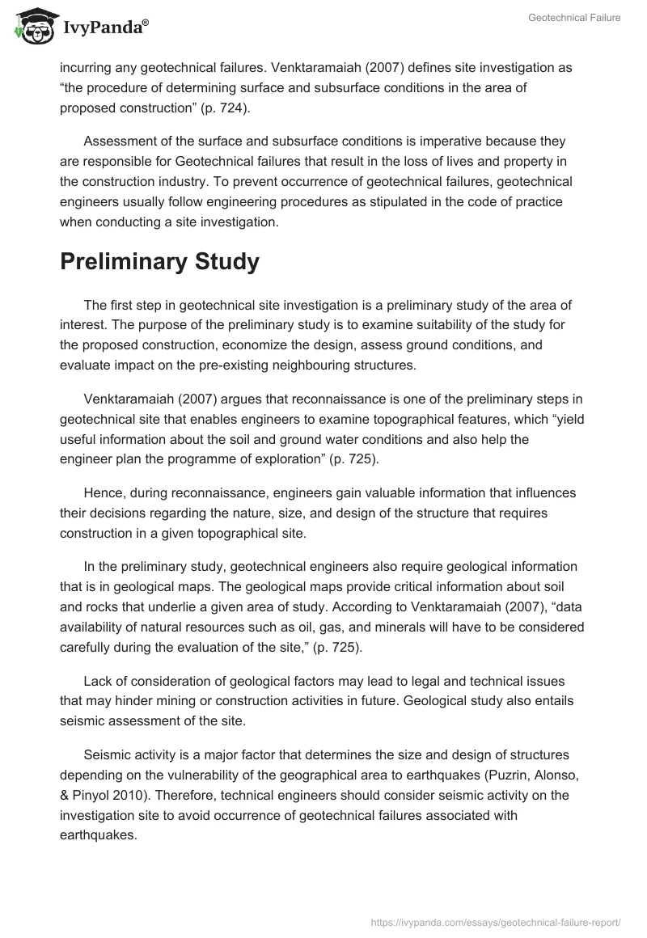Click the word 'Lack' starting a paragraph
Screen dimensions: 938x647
tap(98, 682)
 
